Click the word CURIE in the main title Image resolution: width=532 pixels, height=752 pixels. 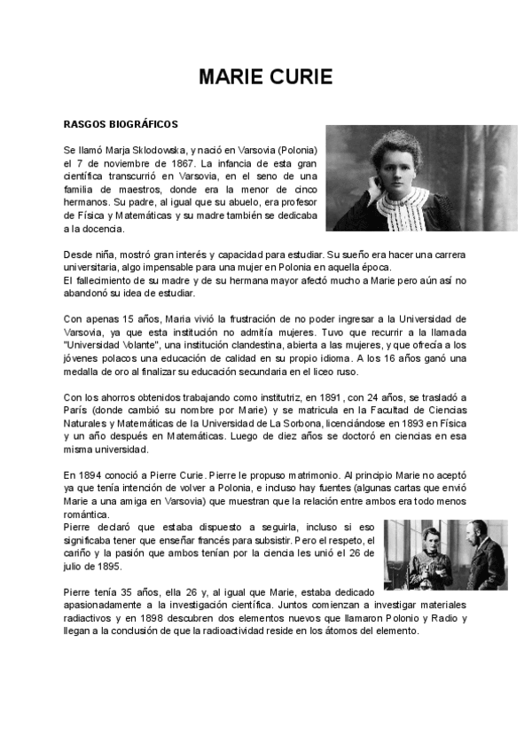coord(298,77)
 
